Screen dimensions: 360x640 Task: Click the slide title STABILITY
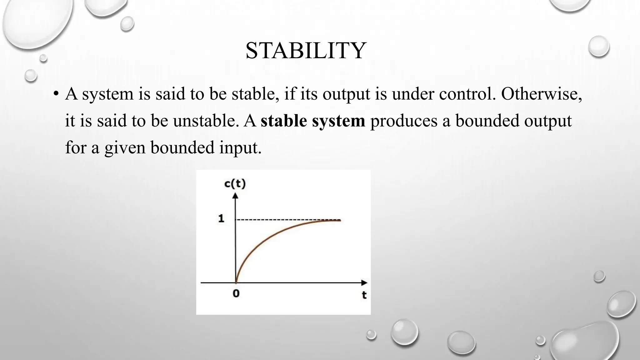(306, 51)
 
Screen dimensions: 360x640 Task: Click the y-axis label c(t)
(235, 184)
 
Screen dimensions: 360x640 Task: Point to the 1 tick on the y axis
(221, 218)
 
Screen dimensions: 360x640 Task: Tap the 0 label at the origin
(236, 293)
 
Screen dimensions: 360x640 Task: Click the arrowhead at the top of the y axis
(236, 196)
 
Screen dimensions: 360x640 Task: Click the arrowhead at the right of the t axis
(364, 282)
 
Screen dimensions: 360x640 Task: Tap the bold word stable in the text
(284, 121)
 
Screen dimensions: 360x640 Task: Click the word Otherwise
(541, 94)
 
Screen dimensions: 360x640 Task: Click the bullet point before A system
(56, 94)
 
